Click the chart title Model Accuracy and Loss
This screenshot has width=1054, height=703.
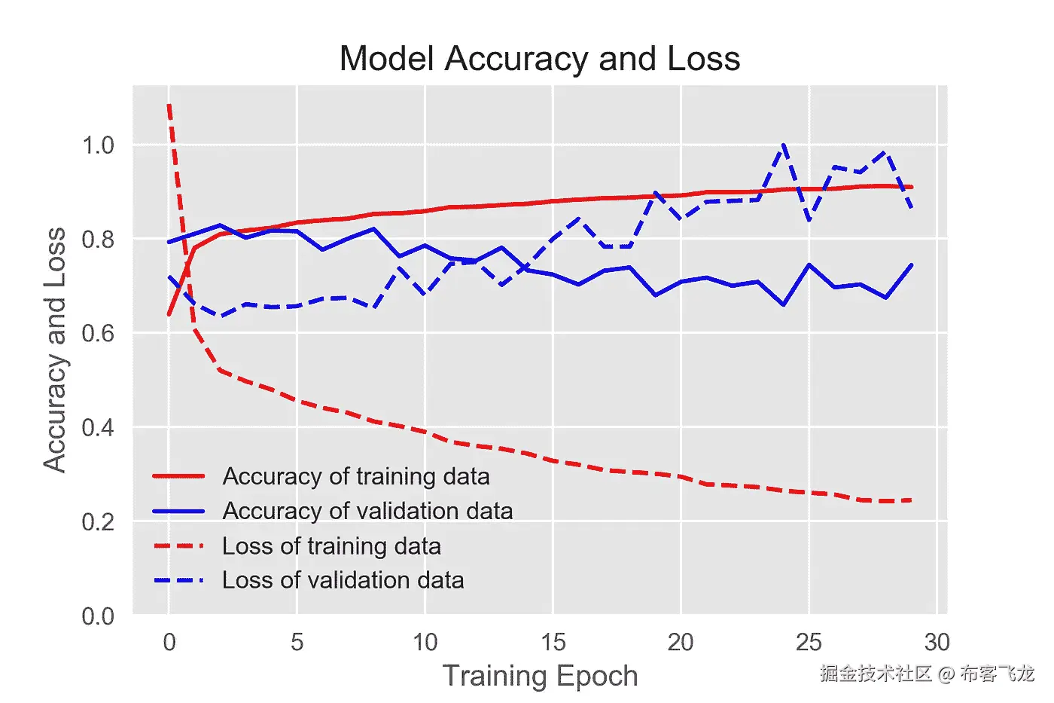click(x=540, y=59)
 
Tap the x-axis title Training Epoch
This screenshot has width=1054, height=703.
click(x=540, y=676)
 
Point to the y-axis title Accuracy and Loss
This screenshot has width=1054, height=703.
click(x=55, y=350)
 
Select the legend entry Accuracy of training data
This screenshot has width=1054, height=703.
click(x=355, y=476)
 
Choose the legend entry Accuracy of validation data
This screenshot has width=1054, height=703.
click(x=367, y=511)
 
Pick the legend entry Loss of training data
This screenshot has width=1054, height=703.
click(x=331, y=546)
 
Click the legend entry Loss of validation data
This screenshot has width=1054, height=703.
click(x=343, y=580)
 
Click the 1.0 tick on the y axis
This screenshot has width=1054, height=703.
click(x=98, y=145)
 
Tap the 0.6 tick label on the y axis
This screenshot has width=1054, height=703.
click(x=98, y=333)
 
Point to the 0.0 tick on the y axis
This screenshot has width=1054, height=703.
click(x=98, y=616)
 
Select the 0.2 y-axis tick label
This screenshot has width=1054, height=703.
click(x=98, y=521)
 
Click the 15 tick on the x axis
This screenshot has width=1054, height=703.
click(x=553, y=642)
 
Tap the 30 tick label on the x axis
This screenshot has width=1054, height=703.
click(x=937, y=642)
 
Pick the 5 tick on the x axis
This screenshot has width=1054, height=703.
click(x=297, y=642)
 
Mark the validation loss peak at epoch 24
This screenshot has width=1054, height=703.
click(x=784, y=145)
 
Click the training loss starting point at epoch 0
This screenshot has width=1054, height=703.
click(x=169, y=106)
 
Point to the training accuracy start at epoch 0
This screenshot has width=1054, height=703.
click(x=169, y=314)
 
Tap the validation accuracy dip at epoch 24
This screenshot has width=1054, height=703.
click(x=784, y=304)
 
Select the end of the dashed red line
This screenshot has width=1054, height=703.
click(x=912, y=500)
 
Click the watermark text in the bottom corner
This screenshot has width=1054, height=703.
click(x=927, y=673)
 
